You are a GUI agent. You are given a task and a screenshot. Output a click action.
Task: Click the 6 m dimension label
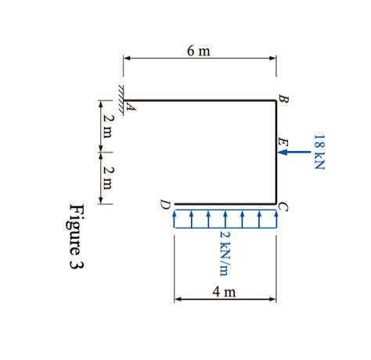pos(198,51)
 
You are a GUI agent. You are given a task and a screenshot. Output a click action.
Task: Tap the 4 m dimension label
pos(224,292)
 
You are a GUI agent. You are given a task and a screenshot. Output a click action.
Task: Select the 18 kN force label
pos(319,152)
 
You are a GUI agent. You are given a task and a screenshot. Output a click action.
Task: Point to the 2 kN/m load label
pos(225,254)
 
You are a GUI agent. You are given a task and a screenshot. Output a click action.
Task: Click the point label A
pos(131,106)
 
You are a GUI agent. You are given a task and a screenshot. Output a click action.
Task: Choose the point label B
pos(283,99)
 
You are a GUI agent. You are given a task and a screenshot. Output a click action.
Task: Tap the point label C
pos(283,207)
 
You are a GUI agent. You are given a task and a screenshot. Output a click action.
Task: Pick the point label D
pos(165,204)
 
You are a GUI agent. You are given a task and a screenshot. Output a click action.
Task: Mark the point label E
pos(283,142)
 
